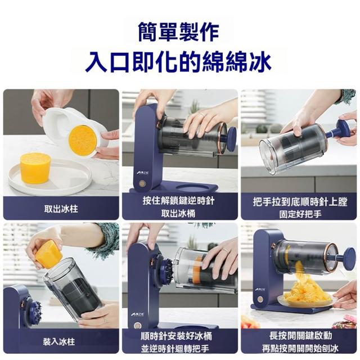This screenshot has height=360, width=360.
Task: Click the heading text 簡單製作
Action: [x=178, y=31]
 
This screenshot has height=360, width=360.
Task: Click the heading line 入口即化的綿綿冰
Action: [x=178, y=62]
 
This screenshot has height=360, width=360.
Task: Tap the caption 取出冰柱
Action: [x=61, y=209]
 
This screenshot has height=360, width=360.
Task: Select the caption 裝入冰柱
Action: [x=59, y=341]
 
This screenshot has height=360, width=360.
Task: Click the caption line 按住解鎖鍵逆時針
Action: [x=179, y=201]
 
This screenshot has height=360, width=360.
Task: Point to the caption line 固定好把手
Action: [x=300, y=214]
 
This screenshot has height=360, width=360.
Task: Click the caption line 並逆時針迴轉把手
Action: [x=175, y=349]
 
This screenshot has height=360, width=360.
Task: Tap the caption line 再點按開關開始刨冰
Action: [x=300, y=349]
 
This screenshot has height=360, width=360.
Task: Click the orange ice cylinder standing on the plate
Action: [x=35, y=168]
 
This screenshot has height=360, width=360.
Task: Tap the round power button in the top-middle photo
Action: [x=143, y=183]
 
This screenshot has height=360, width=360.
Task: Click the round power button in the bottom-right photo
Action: [x=260, y=299]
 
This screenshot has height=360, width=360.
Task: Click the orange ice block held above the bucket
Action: [x=49, y=254]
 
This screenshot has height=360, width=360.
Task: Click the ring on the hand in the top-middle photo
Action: [x=201, y=114]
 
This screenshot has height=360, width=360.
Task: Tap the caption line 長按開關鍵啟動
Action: [x=300, y=336]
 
